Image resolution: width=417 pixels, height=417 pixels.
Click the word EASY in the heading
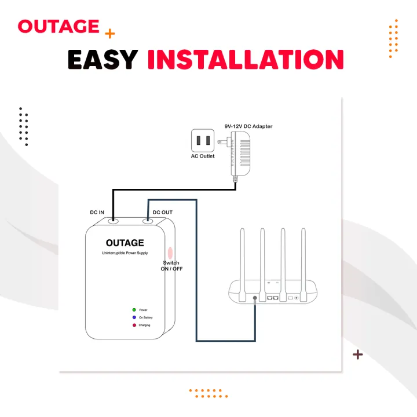click(x=103, y=60)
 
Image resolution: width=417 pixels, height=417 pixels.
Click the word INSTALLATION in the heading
click(x=245, y=60)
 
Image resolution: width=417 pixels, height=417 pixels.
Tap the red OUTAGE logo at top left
click(x=58, y=27)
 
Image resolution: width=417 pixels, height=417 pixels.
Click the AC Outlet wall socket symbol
click(x=203, y=141)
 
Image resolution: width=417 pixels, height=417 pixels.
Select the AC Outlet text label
click(x=203, y=156)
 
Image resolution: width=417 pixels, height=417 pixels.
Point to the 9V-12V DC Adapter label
click(x=248, y=126)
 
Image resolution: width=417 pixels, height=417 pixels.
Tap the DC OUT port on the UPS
click(x=148, y=221)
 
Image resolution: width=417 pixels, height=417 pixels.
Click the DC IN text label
click(x=97, y=213)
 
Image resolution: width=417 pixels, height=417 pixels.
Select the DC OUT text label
click(x=162, y=213)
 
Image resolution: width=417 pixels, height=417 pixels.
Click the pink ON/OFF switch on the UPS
click(x=170, y=253)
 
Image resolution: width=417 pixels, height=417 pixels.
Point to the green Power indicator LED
click(x=134, y=310)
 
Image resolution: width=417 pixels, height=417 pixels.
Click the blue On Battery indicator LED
click(x=134, y=317)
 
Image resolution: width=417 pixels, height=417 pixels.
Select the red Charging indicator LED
click(x=134, y=325)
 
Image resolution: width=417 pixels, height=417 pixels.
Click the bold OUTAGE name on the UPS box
click(x=125, y=243)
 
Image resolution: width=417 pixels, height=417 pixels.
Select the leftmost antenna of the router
click(x=243, y=255)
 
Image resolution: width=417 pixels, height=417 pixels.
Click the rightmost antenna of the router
click(x=303, y=255)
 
